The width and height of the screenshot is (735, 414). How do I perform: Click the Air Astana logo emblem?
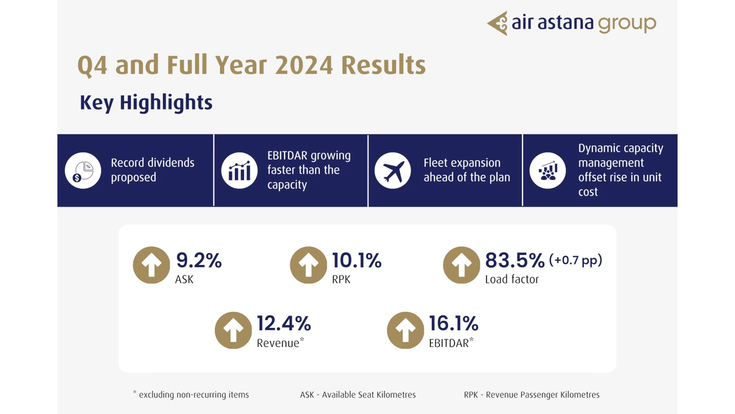coord(498,23)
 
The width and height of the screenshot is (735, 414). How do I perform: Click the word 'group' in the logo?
coord(627,23)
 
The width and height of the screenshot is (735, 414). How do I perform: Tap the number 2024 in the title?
coord(304,65)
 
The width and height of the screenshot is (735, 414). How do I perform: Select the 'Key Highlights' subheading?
coord(146,103)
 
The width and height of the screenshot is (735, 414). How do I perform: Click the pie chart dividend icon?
coord(83,171)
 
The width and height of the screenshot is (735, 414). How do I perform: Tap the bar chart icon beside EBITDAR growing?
coord(239,171)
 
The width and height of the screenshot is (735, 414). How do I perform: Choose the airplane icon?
coord(393,171)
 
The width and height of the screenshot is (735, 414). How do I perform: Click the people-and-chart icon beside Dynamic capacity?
coord(548,171)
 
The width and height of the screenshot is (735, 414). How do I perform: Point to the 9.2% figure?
coord(199,260)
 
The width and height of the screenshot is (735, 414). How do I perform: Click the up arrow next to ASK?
coord(152,265)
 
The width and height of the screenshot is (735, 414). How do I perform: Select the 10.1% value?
coord(356,260)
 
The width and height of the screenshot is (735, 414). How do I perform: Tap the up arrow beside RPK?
coord(308,265)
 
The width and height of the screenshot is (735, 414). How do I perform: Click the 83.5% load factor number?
coord(514,260)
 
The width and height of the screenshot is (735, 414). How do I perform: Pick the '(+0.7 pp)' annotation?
coord(576,260)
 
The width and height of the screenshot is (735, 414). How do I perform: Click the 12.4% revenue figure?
coord(283,323)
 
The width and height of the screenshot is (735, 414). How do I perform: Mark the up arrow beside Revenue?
coord(233,330)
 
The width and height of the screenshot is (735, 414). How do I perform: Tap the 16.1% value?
coord(453,323)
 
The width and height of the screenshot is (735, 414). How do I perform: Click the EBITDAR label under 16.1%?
coord(449,343)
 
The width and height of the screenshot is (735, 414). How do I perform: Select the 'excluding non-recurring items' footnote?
coord(193,395)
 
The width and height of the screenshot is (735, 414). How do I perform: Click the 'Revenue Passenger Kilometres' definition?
coord(543,395)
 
